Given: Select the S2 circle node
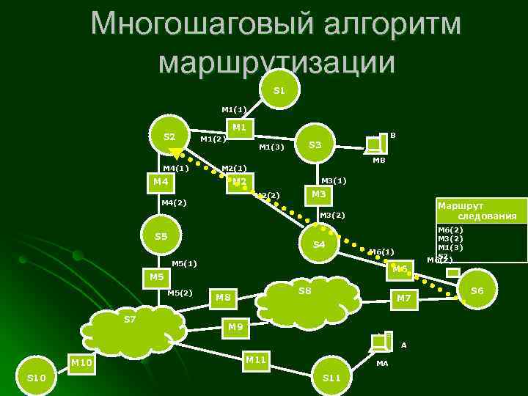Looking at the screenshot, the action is (x=169, y=136).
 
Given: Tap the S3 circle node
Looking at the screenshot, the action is (x=315, y=144).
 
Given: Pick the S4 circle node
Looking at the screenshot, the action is (x=319, y=244).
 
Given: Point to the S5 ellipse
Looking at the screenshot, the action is (x=161, y=236).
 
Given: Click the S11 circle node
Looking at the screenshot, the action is (x=331, y=378).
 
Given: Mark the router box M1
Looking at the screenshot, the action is (x=238, y=128).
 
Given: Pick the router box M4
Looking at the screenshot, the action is (x=161, y=182).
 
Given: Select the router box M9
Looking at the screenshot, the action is (x=235, y=327).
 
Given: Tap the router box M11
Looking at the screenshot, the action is (x=256, y=360).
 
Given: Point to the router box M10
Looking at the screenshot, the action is (x=81, y=363).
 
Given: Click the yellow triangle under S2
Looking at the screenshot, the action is (x=175, y=153).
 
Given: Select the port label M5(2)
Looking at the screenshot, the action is (x=180, y=293).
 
